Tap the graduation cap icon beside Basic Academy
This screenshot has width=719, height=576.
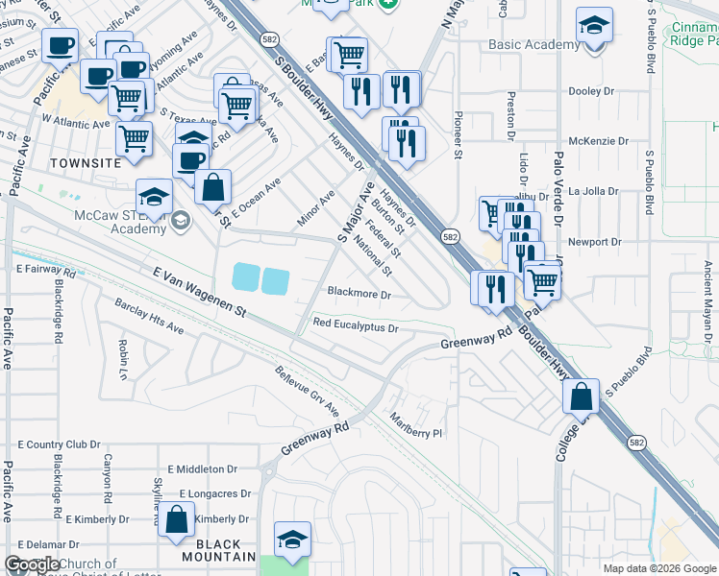coord(595,26)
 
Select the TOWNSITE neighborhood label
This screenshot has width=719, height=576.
coord(85,163)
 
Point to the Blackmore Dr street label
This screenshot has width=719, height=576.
coord(359,294)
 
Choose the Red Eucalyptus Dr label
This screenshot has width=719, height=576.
coord(355,326)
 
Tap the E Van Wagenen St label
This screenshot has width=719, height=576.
coord(200,293)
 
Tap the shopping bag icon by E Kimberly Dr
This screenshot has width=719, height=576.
coord(178,520)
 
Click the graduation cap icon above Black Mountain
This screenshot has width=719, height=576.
coord(292,540)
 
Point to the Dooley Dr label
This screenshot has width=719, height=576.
coord(591,91)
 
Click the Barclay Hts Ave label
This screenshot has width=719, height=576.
coord(149,316)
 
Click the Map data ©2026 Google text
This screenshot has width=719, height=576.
coord(659,568)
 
